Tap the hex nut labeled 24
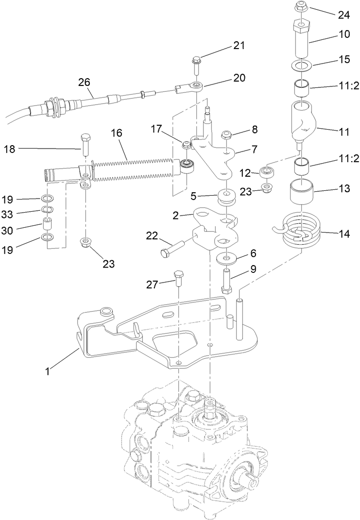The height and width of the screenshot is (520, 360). [x=302, y=7]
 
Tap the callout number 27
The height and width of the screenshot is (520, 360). [x=152, y=285]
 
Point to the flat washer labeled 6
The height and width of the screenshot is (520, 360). [x=225, y=256]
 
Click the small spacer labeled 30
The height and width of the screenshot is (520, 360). [x=47, y=225]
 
